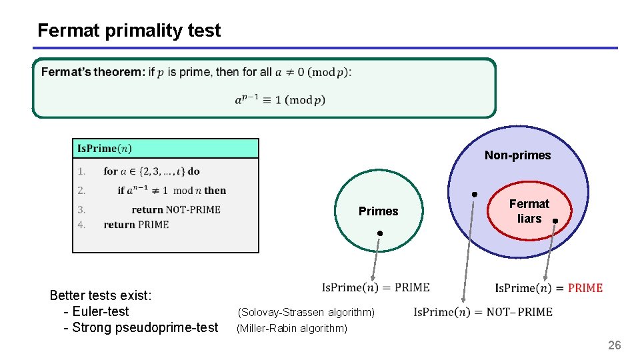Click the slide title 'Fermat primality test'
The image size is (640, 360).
(x=129, y=30)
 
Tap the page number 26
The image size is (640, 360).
(x=614, y=345)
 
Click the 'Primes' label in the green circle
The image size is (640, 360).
(x=378, y=211)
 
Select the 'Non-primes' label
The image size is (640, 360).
(x=517, y=155)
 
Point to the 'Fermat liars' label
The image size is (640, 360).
(x=529, y=211)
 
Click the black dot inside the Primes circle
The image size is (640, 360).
(x=379, y=233)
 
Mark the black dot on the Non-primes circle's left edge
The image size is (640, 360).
(x=474, y=194)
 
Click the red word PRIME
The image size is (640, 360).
(x=585, y=288)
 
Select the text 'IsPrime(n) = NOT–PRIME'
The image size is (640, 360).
(x=483, y=312)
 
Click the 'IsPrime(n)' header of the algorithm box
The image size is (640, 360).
(x=105, y=148)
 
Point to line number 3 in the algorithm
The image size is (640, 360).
(x=81, y=209)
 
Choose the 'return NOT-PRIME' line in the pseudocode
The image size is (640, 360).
(x=176, y=209)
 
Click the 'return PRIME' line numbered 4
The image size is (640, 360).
(x=136, y=225)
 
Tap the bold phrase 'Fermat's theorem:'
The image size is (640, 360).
(x=93, y=72)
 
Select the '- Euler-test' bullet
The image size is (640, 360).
(x=96, y=311)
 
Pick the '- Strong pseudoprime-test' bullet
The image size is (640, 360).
(x=140, y=327)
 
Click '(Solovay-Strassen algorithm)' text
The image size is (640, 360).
(x=306, y=312)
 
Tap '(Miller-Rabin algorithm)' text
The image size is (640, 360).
(x=292, y=328)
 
